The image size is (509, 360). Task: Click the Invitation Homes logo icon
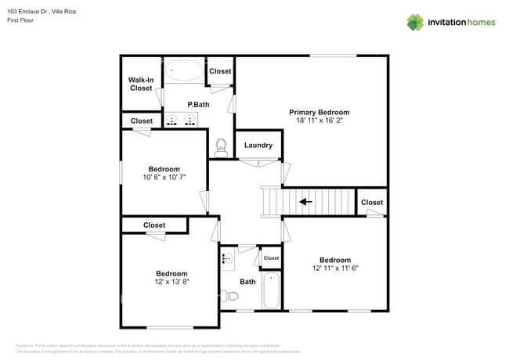point(414,22)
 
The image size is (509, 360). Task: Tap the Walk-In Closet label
point(141,84)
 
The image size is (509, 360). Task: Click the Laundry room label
point(258,145)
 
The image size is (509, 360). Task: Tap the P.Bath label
point(198,104)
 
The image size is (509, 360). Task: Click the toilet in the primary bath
point(222,146)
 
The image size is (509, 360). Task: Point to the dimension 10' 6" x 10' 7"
point(164,178)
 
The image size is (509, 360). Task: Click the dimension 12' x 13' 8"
point(171,282)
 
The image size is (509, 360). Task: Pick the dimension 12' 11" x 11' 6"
point(334,268)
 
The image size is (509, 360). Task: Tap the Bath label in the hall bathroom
point(247,282)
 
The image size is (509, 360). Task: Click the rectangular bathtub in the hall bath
point(271,290)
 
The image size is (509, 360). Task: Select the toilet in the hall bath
point(230,296)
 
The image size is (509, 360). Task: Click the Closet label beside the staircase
point(372,202)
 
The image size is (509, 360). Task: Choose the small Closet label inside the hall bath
point(271,257)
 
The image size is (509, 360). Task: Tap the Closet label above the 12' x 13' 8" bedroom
point(154,225)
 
